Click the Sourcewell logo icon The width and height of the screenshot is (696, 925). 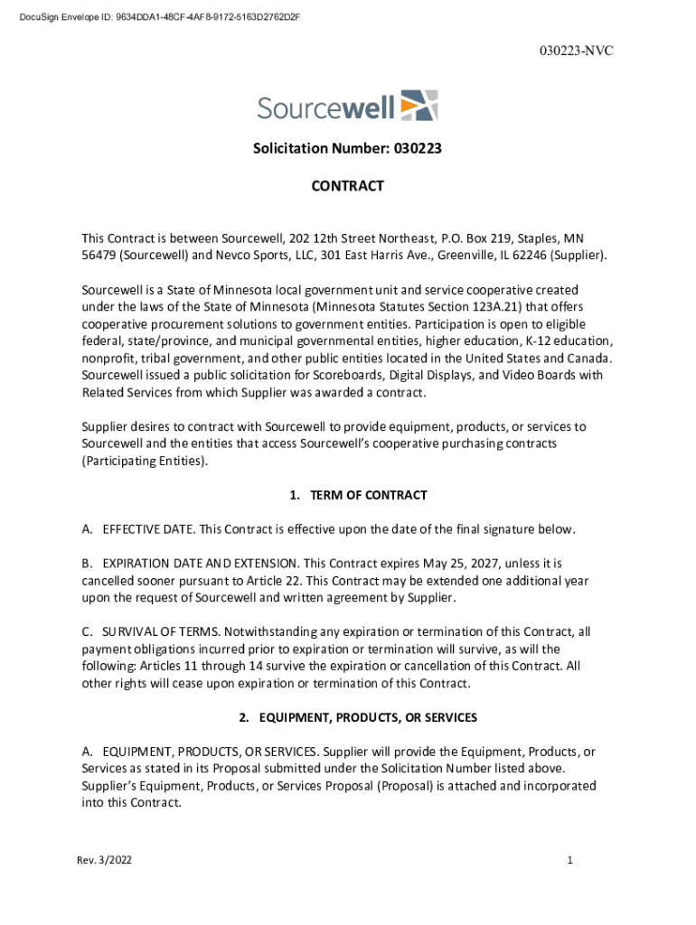tap(419, 106)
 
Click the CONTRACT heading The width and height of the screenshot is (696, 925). tap(347, 186)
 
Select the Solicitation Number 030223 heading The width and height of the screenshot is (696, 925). tap(347, 148)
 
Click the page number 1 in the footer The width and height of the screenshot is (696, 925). tap(569, 861)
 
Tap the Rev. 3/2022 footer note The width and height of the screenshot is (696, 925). tap(105, 861)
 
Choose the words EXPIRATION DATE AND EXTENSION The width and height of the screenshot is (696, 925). tap(191, 563)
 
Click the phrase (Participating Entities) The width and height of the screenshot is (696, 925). tap(145, 461)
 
